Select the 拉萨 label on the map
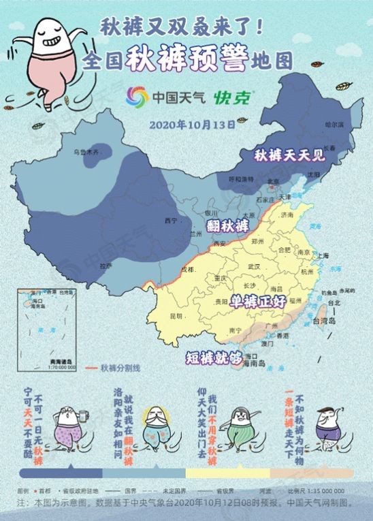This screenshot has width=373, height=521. pyautogui.click(x=104, y=266)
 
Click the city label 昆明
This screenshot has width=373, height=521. pyautogui.click(x=176, y=316)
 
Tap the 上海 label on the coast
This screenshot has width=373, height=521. pyautogui.click(x=322, y=255)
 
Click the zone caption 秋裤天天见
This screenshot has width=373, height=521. pyautogui.click(x=290, y=155)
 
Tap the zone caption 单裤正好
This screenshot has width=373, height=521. pyautogui.click(x=257, y=300)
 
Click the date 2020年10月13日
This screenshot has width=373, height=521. pyautogui.click(x=192, y=125)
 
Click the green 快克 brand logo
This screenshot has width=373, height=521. pyautogui.click(x=233, y=97)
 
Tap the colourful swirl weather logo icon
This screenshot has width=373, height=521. pyautogui.click(x=137, y=98)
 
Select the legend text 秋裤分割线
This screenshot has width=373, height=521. pyautogui.click(x=120, y=368)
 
